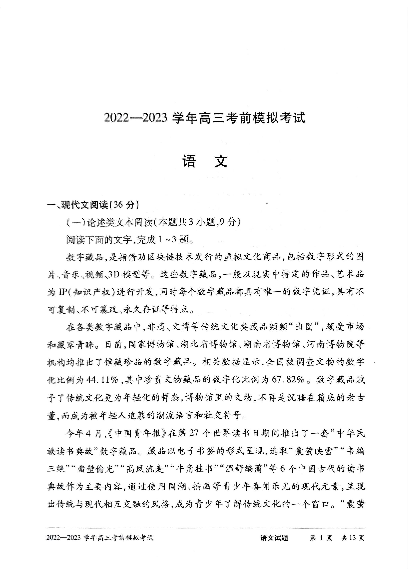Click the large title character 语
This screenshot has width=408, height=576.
click(189, 161)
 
